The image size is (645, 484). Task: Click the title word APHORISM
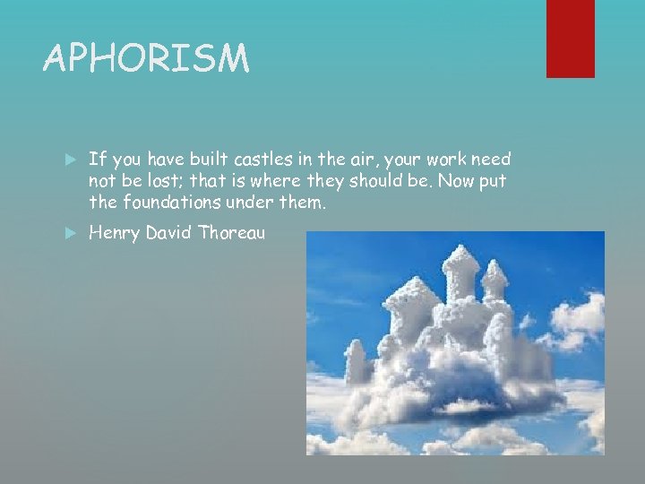(146, 60)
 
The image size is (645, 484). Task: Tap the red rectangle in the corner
(571, 39)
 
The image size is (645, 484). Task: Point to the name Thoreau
(232, 234)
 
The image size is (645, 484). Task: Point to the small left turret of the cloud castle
(357, 359)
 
